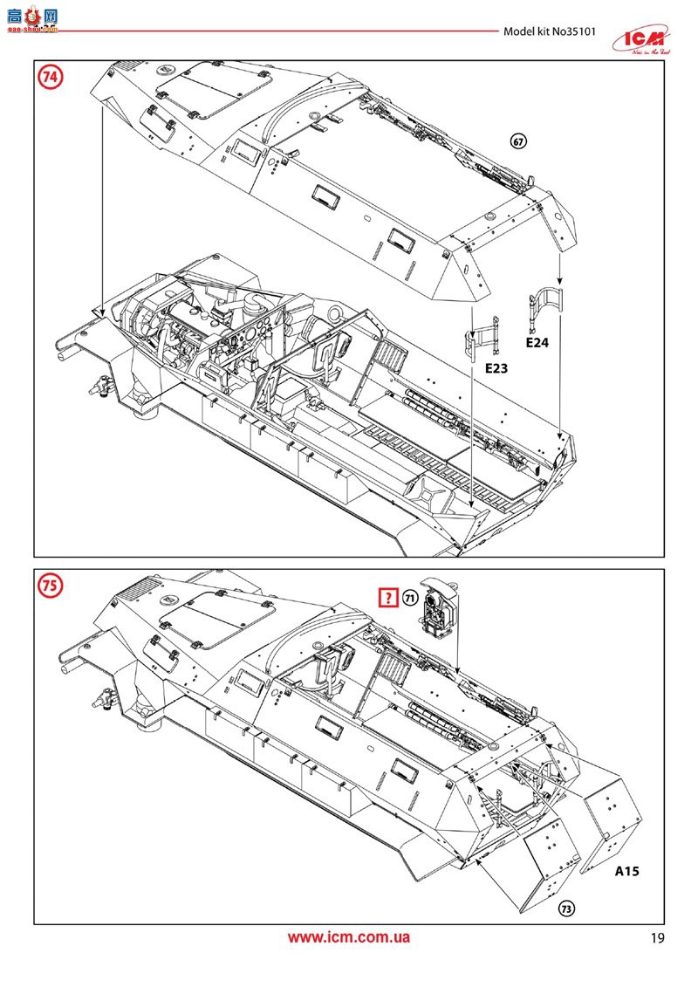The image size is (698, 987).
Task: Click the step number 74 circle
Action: [51, 78]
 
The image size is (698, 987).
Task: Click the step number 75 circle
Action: [51, 586]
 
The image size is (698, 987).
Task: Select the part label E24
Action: [537, 344]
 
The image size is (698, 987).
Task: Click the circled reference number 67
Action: [521, 142]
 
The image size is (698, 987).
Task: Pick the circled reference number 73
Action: [566, 908]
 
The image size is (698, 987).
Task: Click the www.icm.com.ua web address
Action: [349, 938]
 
